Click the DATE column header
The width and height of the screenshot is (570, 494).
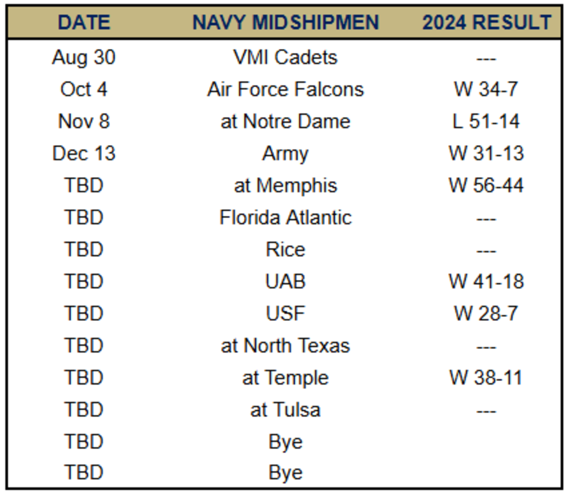[x=84, y=23]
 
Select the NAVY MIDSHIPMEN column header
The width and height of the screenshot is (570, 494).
[x=285, y=23]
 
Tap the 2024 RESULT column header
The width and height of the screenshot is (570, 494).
[x=486, y=23]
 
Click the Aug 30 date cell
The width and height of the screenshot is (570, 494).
[x=84, y=57]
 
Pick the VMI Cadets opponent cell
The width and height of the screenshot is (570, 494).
[x=285, y=57]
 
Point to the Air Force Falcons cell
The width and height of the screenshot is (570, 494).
[x=285, y=89]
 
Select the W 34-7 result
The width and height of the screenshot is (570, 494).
[x=486, y=89]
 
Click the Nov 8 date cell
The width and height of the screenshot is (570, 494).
[x=84, y=122]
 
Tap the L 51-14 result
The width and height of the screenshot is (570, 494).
[x=486, y=122]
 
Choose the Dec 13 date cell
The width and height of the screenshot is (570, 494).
[x=84, y=153]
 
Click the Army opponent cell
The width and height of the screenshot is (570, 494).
[x=285, y=153]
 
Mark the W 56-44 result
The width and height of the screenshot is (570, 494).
[x=486, y=186]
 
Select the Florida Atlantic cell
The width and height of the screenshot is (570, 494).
[x=285, y=218]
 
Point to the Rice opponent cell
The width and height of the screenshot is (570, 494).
[x=285, y=250]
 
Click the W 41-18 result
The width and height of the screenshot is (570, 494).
[x=486, y=282]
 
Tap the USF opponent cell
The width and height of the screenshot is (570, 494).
[x=285, y=314]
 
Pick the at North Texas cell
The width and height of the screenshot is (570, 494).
[x=285, y=346]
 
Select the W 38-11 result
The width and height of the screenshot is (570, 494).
[x=486, y=378]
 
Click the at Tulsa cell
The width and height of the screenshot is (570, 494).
[x=285, y=410]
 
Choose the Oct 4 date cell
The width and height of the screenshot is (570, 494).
[x=84, y=89]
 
